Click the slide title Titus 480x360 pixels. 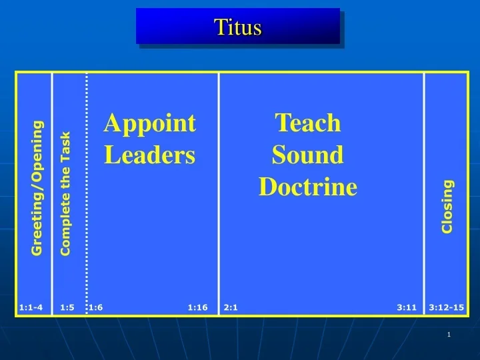[238, 27]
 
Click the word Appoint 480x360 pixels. [150, 123]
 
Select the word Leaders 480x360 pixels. [150, 155]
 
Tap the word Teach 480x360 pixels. [308, 123]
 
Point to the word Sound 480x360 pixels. [308, 155]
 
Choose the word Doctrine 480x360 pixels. [308, 187]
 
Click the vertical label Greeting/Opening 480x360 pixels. [37, 187]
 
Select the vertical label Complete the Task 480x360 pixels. [65, 193]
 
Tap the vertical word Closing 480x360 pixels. [447, 206]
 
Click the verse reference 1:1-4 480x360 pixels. [31, 307]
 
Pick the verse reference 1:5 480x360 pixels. [67, 307]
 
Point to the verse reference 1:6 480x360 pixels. [96, 307]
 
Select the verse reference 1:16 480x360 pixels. [197, 307]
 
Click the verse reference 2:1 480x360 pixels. [231, 307]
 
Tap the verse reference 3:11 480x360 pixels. [407, 307]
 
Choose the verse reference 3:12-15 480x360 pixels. [447, 307]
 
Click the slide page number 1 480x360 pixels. [449, 335]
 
